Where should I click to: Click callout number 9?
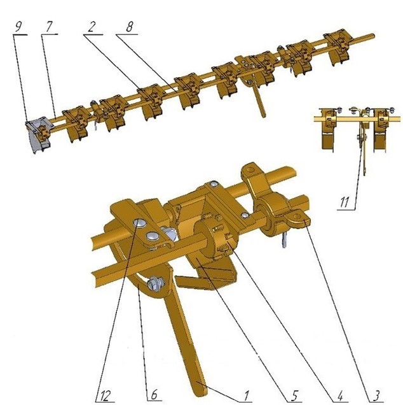click(x=18, y=27)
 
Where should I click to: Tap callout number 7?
click(x=49, y=27)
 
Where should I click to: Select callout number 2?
click(x=92, y=27)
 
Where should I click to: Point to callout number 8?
click(x=130, y=27)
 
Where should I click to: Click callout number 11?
click(x=345, y=202)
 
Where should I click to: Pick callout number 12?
click(x=106, y=395)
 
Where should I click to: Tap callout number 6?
click(x=154, y=395)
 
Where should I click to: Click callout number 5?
click(x=295, y=395)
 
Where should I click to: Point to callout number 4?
click(x=340, y=395)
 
